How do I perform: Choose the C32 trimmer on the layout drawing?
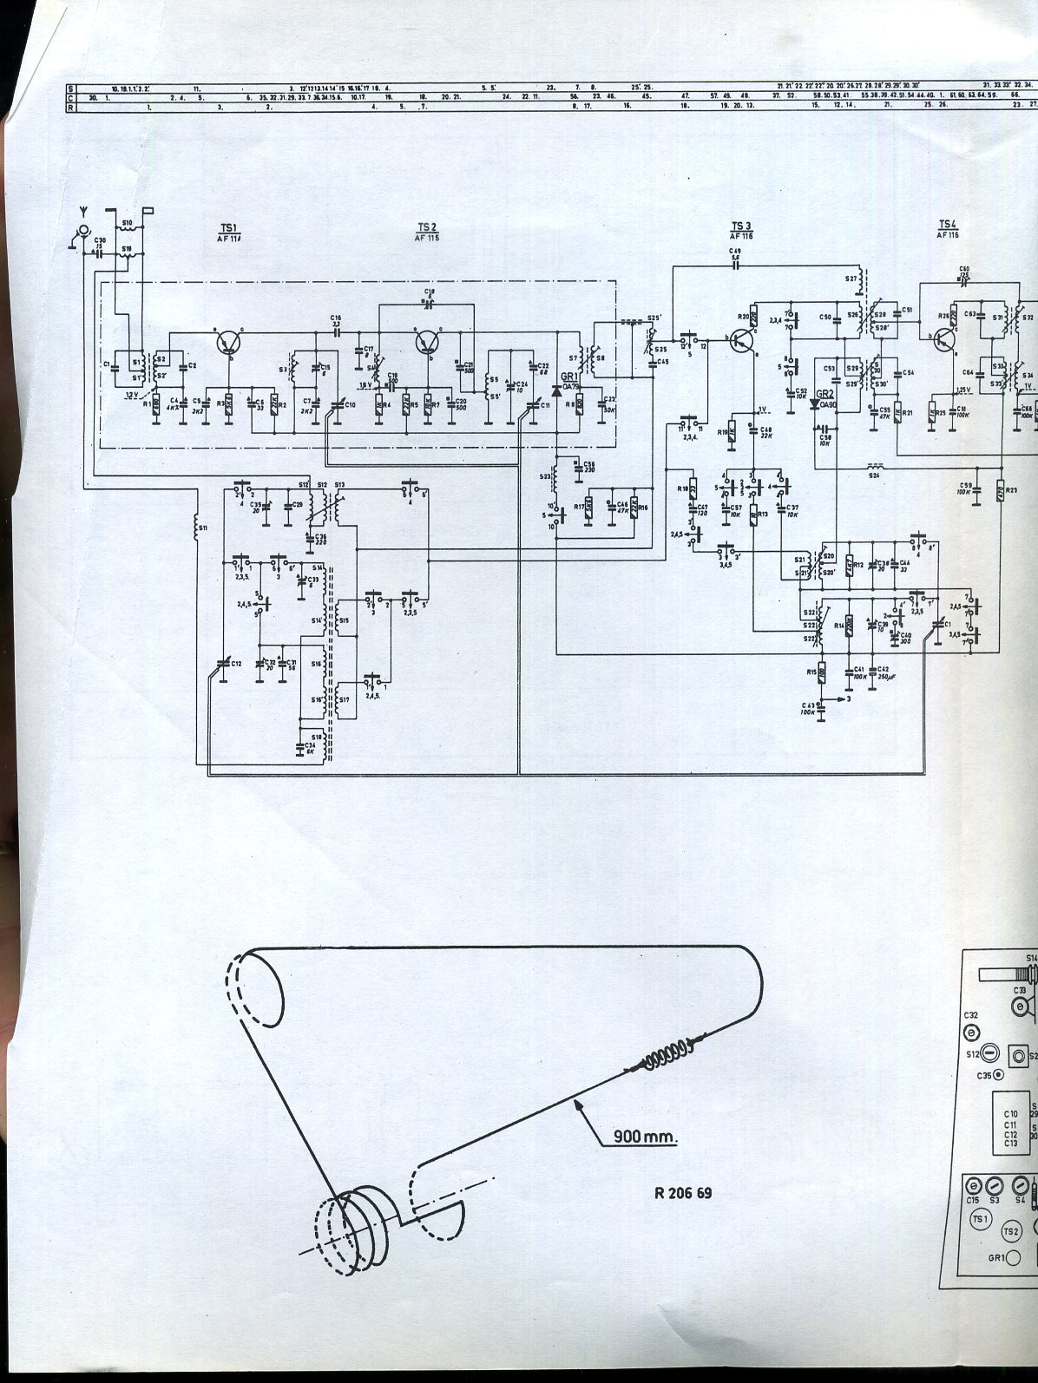point(972,1032)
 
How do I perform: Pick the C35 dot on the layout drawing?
point(998,1075)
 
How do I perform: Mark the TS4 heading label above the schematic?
point(947,227)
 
